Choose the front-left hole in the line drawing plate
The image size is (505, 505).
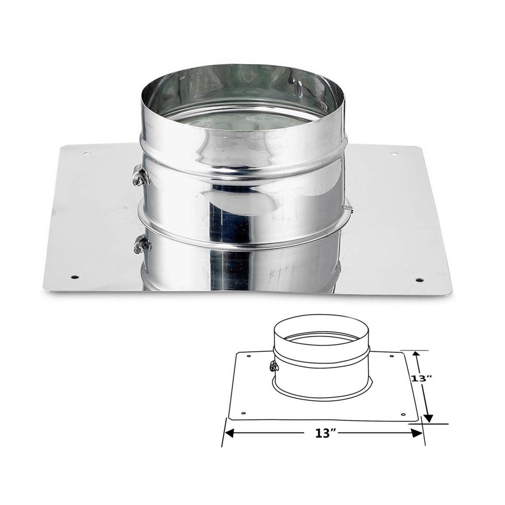243,413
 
